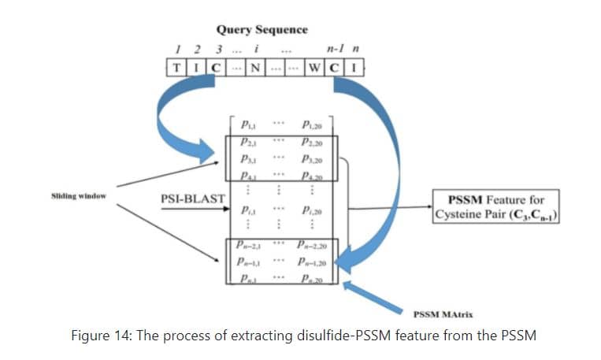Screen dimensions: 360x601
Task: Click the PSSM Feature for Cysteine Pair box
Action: [494, 206]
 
